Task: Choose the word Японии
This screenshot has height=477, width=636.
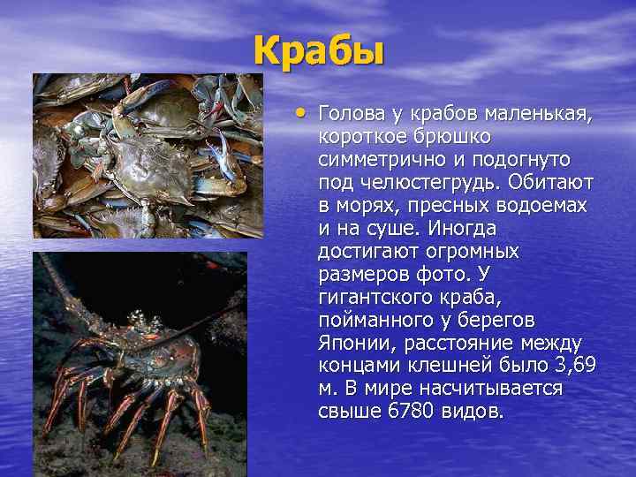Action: (x=351, y=343)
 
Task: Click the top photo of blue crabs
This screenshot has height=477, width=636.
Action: (x=148, y=155)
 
